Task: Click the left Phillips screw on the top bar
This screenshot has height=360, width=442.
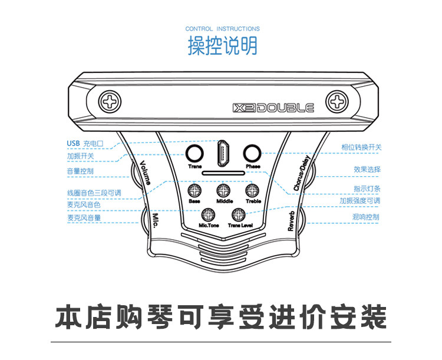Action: click(x=110, y=103)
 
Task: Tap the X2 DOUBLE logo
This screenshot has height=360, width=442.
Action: click(x=273, y=108)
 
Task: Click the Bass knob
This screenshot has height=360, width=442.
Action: click(x=195, y=190)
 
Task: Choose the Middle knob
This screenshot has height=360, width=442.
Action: click(x=223, y=190)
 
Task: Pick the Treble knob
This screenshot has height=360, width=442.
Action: click(x=252, y=190)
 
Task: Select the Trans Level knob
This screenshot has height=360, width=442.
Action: click(x=238, y=215)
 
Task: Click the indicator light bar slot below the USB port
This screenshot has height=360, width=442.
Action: click(x=223, y=173)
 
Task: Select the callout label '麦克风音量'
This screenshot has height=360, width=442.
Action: click(x=83, y=217)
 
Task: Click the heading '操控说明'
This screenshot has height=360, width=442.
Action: click(x=223, y=46)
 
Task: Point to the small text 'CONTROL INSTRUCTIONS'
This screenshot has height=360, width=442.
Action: click(x=222, y=28)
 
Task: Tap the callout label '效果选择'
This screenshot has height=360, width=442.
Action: click(x=367, y=170)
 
